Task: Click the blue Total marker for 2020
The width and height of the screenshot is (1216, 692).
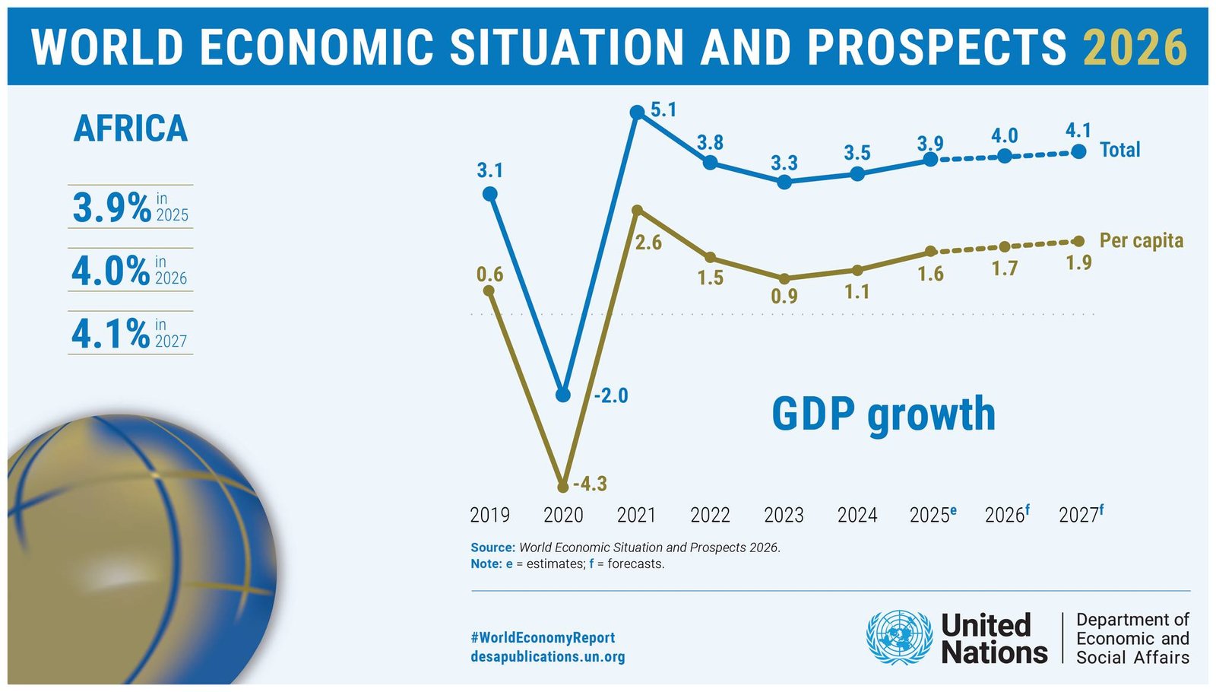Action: point(563,395)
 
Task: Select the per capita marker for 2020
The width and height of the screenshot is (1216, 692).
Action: point(563,486)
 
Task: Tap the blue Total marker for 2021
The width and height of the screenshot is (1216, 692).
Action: point(638,113)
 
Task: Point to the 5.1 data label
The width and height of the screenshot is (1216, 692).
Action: point(663,110)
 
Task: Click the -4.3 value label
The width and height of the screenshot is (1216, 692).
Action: point(591,484)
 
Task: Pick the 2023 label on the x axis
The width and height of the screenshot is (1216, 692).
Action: point(784,516)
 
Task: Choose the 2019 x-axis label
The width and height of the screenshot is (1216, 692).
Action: point(489,516)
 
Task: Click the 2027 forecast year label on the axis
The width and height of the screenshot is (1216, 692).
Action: point(1080,515)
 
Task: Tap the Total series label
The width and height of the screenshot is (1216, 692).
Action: point(1119,150)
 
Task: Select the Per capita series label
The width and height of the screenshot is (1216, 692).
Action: point(1141,241)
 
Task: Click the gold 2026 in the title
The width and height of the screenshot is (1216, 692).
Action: point(1135,47)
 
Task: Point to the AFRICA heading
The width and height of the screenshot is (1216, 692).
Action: point(130,129)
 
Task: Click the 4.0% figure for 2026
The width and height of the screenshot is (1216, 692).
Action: point(111,271)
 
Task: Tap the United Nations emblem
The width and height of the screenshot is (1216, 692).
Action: point(900,638)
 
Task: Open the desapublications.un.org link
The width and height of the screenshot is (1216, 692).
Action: point(547,656)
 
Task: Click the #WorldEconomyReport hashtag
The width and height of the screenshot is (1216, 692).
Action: point(543,637)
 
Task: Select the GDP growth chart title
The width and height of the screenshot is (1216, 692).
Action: point(883,414)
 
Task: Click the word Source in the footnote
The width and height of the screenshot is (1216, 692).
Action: point(492,548)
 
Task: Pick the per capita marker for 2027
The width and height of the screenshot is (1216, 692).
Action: point(1078,241)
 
